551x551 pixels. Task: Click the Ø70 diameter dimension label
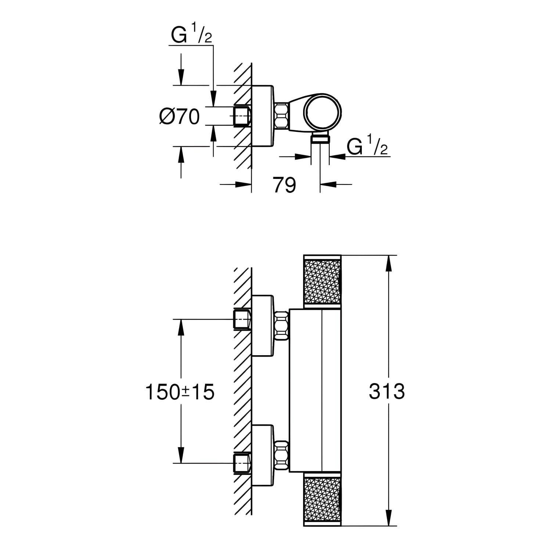tap(180, 117)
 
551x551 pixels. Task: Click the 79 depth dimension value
tap(284, 185)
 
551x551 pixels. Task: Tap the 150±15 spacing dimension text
tap(180, 392)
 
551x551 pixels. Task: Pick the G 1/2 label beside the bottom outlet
tap(367, 148)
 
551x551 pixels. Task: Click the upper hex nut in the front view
tap(282, 325)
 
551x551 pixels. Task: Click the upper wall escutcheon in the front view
tap(263, 325)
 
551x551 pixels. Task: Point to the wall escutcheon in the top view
tap(262, 116)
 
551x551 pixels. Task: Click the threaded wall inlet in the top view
tap(242, 116)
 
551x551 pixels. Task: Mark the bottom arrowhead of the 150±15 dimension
tap(181, 456)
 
